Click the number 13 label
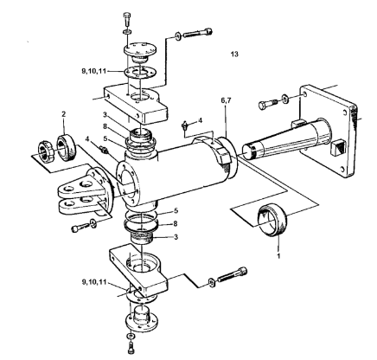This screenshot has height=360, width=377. [233, 54]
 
